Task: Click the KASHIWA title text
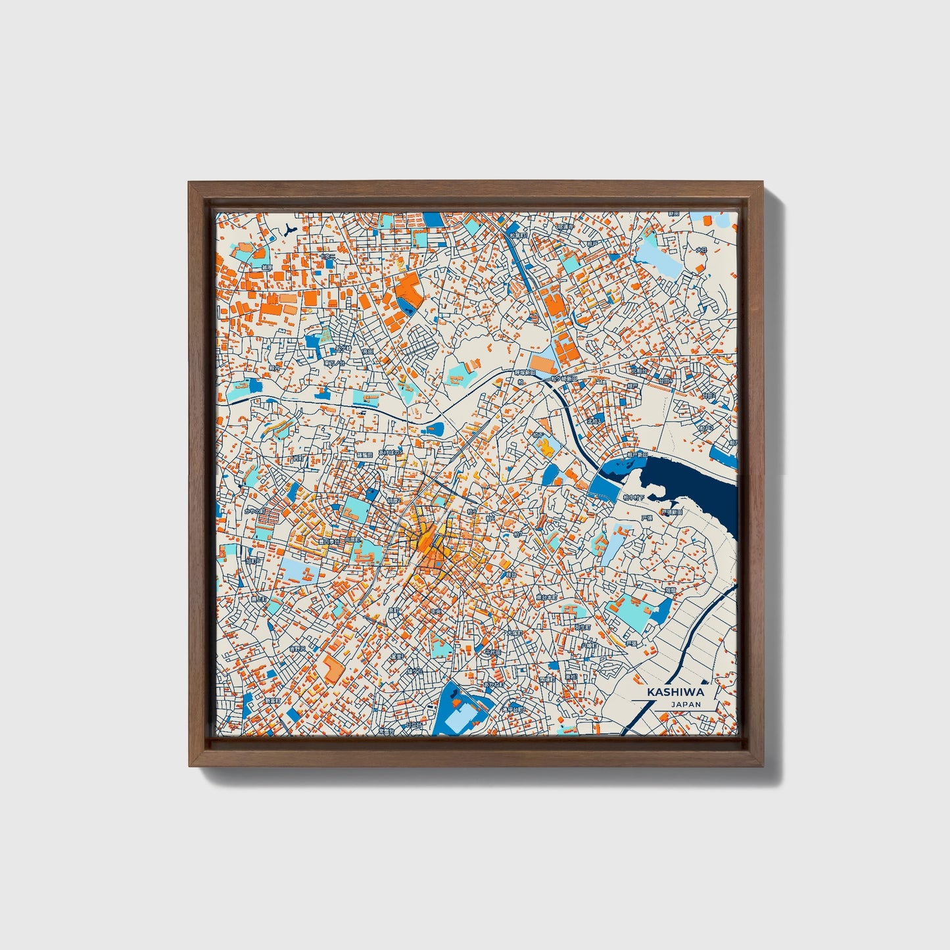(x=675, y=692)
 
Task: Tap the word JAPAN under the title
(x=686, y=704)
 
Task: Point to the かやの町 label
(x=254, y=510)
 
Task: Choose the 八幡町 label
(x=588, y=646)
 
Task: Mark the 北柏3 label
(x=594, y=421)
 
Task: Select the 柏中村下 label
(x=635, y=498)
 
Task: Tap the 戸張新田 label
(x=671, y=511)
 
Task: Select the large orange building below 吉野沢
(x=332, y=669)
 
